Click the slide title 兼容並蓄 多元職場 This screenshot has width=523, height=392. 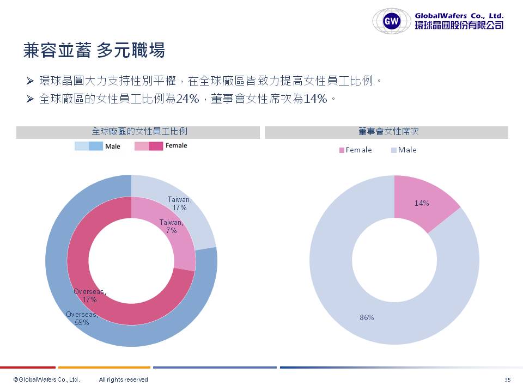tap(94, 51)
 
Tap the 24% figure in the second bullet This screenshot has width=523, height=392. tap(187, 99)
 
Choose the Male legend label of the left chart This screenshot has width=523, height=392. tap(113, 146)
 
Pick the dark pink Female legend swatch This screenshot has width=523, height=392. tap(156, 146)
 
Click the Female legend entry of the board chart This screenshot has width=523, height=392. tap(355, 150)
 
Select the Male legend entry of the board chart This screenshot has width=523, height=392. tap(404, 150)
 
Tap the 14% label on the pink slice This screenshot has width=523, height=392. tap(421, 203)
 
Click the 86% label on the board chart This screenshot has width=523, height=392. tap(367, 317)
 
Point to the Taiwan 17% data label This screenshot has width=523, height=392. tap(179, 204)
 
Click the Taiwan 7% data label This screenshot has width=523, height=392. tap(171, 226)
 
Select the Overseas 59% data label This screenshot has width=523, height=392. tap(82, 318)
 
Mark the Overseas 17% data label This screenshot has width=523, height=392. tap(90, 296)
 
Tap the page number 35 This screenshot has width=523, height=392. tap(508, 379)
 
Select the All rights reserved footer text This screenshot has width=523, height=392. tap(123, 379)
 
